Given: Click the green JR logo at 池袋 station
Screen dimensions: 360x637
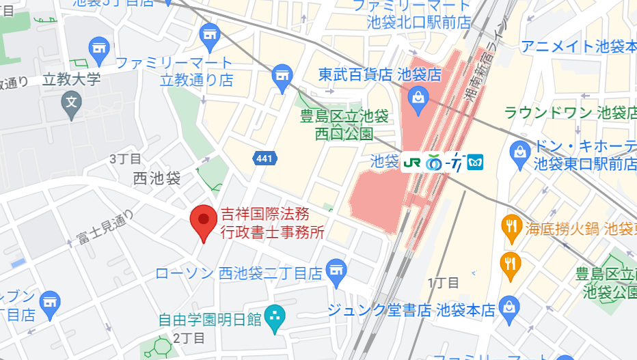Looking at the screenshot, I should pos(412,163).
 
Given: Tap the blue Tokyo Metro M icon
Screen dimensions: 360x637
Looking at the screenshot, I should pos(474,163).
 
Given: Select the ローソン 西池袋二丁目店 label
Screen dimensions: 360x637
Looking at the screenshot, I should pos(239,274).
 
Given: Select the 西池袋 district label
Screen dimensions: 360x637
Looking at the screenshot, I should pos(157,179).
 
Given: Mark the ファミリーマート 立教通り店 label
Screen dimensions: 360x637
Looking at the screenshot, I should pos(174,72).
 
